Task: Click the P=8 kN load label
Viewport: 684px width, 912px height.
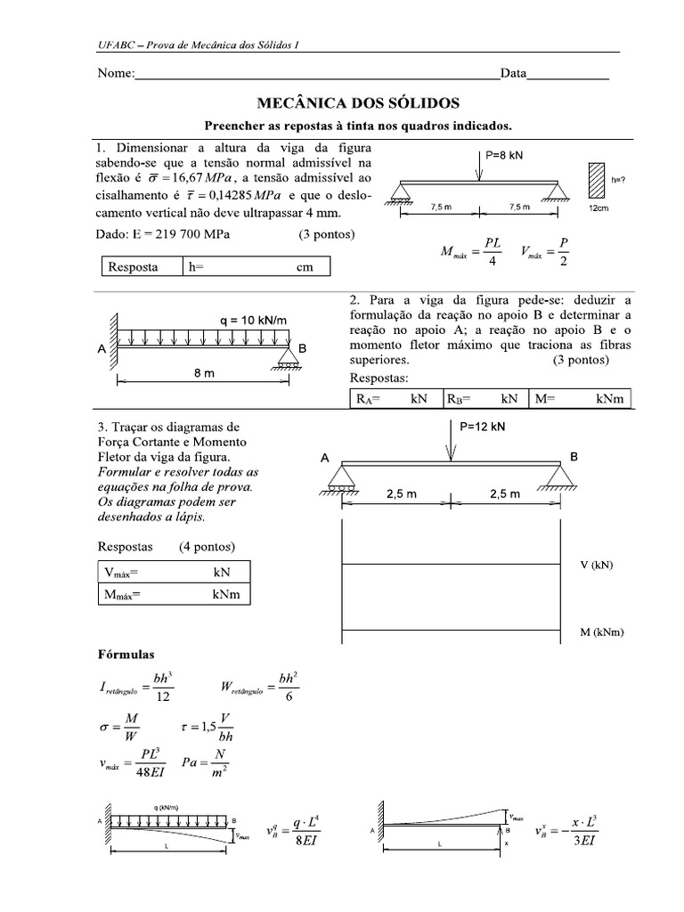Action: coord(504,154)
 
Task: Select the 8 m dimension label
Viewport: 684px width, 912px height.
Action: coord(204,374)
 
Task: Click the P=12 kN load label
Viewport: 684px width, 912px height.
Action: coord(484,427)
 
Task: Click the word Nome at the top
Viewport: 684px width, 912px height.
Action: coord(115,74)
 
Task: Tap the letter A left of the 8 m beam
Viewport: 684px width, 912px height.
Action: coord(100,350)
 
